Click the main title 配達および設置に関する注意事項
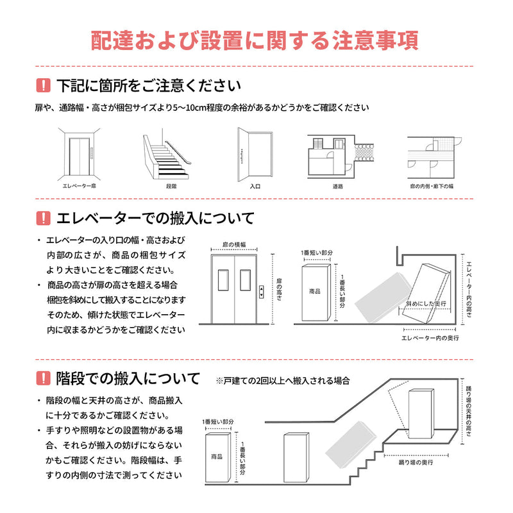pos(256,40)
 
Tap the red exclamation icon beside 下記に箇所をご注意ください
pos(43,85)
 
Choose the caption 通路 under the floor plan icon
pos(338,186)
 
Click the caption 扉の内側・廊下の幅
pos(431,186)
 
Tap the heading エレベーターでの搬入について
pos(155,218)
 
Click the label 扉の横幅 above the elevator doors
pos(235,245)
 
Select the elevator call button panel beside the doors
pos(262,292)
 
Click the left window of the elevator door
pos(223,282)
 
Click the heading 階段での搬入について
pos(128,378)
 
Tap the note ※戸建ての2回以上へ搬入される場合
pos(283,381)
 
